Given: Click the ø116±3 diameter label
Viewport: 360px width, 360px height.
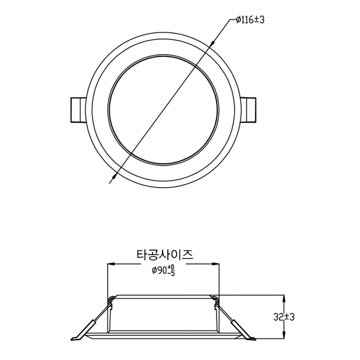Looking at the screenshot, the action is tap(250, 20).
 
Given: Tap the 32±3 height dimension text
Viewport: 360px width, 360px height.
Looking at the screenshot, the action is tap(284, 317).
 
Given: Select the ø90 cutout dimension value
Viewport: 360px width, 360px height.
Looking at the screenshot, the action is tap(163, 270).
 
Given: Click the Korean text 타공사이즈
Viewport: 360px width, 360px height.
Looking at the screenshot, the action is tap(165, 255).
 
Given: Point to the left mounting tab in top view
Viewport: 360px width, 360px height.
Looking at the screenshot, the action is tap(78, 110).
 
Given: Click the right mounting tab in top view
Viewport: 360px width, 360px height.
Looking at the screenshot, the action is tap(248, 110).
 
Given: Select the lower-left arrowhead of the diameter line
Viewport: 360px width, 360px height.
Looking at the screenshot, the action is tap(113, 176).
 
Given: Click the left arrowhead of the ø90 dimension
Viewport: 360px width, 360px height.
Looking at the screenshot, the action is tap(112, 264).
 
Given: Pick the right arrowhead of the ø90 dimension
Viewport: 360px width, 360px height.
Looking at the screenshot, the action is tap(215, 264).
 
